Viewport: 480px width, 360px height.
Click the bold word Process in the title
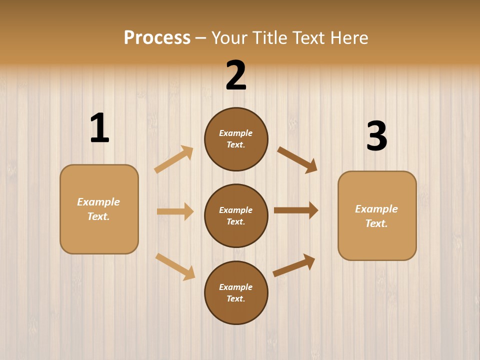click(157, 37)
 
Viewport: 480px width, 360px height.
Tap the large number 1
click(99, 128)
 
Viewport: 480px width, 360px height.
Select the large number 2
click(236, 75)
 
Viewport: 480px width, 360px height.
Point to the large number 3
click(377, 136)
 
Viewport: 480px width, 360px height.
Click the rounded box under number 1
click(99, 209)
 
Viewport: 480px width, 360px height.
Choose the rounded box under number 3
click(377, 215)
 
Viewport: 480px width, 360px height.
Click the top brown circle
click(236, 139)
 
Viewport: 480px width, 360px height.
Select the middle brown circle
click(236, 215)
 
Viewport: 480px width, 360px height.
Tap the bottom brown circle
click(236, 292)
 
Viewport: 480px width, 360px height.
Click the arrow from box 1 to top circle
click(174, 159)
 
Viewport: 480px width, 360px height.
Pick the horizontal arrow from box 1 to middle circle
click(175, 211)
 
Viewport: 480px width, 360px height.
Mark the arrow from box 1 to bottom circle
click(175, 266)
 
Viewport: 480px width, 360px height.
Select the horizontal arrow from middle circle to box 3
click(296, 210)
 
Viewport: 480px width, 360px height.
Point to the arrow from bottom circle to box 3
click(294, 265)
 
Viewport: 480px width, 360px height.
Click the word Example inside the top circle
click(236, 133)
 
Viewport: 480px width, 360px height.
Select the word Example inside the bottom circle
click(236, 287)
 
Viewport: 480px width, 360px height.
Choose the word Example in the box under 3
click(376, 209)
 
